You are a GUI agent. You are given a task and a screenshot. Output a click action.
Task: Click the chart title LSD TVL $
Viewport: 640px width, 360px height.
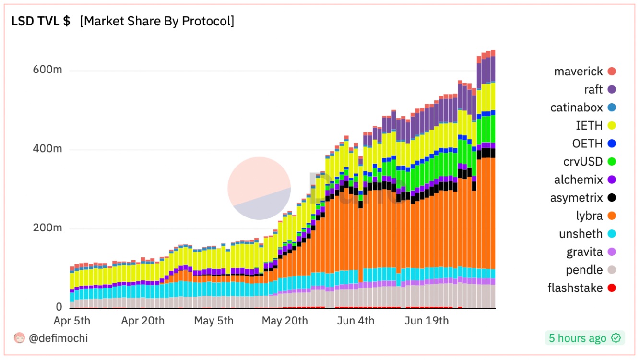tap(41, 22)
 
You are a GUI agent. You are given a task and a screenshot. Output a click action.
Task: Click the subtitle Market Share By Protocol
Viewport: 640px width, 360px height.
tap(157, 22)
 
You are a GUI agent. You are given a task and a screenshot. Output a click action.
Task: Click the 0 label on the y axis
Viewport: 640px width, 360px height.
tap(59, 307)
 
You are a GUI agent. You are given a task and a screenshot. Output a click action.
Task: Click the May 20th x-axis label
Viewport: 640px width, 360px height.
tap(284, 321)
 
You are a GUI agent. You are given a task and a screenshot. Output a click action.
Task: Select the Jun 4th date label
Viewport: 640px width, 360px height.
tap(356, 321)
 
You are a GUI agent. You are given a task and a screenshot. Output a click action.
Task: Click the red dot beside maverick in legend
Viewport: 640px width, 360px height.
tap(611, 72)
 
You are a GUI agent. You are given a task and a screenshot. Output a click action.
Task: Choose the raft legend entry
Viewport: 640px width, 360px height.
tap(593, 90)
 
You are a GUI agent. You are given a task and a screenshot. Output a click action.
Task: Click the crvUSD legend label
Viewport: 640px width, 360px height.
tap(583, 162)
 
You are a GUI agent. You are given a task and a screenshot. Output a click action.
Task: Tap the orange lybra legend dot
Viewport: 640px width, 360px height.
tap(611, 216)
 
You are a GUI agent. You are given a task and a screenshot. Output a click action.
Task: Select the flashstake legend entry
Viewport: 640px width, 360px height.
tap(575, 288)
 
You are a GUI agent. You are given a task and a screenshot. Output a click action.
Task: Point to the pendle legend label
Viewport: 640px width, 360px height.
tap(584, 270)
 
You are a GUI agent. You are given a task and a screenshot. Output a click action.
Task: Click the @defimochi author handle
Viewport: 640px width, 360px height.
tap(58, 338)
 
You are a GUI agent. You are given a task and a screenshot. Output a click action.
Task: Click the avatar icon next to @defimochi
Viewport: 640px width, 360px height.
tap(19, 338)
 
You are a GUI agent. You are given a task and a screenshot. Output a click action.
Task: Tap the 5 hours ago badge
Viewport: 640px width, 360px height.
tap(584, 338)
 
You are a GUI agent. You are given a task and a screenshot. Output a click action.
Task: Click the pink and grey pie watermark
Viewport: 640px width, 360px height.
tap(259, 188)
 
